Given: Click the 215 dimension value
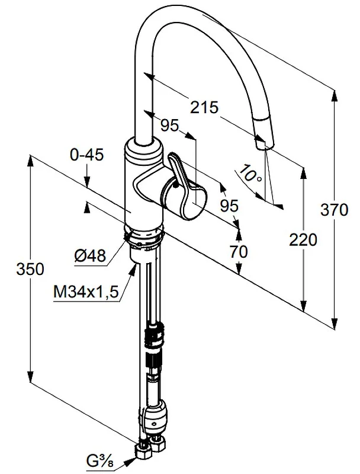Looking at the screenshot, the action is pos(204,107).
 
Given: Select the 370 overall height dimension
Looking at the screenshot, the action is pos(335,210).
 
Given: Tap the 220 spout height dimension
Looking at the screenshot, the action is pos(303,240).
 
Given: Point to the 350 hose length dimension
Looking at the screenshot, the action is pos(30,269).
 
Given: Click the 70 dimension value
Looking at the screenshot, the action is pos(239,252).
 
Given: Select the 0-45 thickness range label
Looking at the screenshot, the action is pos(86,155).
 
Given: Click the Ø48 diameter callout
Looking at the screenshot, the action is pos(91,256).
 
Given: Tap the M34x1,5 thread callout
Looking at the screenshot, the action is pos(86,292).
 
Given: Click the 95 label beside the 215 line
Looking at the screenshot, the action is pos(169,125).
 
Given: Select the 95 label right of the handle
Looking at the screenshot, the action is pos(229,206).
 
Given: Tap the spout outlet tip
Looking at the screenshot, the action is pos(264,146).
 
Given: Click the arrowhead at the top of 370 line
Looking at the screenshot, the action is pos(335,95).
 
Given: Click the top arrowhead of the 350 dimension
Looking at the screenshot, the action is pos(30,161).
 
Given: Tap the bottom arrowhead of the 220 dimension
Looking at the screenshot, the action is pos(303,306).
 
